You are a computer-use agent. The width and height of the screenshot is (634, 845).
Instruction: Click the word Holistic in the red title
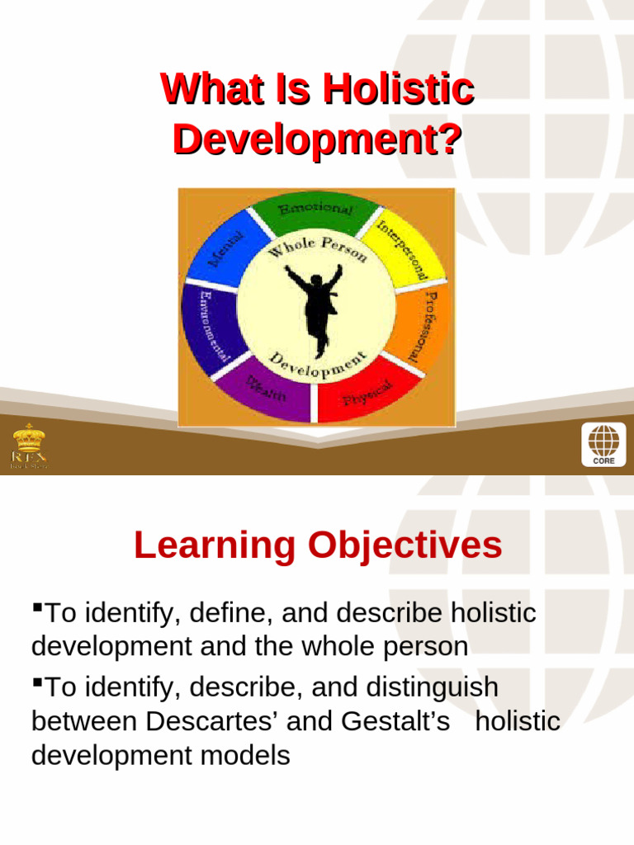398,88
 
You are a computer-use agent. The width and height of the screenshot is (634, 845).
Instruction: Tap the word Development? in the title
316,139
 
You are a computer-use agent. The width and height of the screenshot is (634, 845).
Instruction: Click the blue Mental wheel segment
220,247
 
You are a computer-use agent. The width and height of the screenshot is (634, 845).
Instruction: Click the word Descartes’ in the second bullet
211,721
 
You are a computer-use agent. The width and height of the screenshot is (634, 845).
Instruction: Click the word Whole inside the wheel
289,253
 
